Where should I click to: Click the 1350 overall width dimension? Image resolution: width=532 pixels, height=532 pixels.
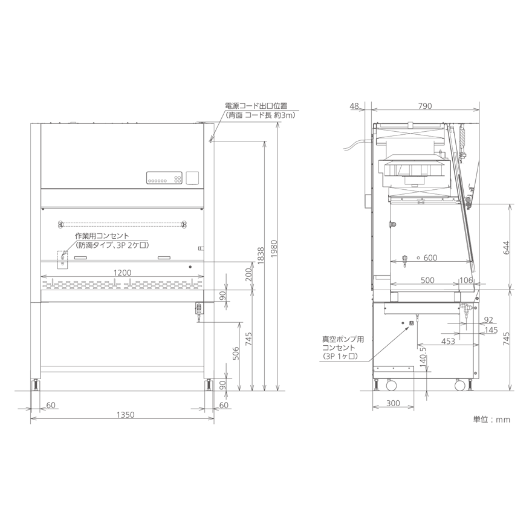click(126, 415)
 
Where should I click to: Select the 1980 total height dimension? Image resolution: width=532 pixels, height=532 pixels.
click(274, 248)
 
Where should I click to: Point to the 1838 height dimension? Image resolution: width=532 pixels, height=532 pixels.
click(261, 256)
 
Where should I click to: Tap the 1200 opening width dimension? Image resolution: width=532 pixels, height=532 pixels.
click(122, 273)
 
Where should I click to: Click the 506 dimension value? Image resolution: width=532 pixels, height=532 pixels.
click(236, 353)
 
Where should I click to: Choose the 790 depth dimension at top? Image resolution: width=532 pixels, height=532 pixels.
click(425, 106)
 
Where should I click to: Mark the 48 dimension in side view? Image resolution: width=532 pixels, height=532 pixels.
click(354, 106)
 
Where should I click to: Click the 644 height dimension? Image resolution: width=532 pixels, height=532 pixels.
click(506, 248)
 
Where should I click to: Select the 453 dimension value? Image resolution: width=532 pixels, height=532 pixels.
click(448, 341)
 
